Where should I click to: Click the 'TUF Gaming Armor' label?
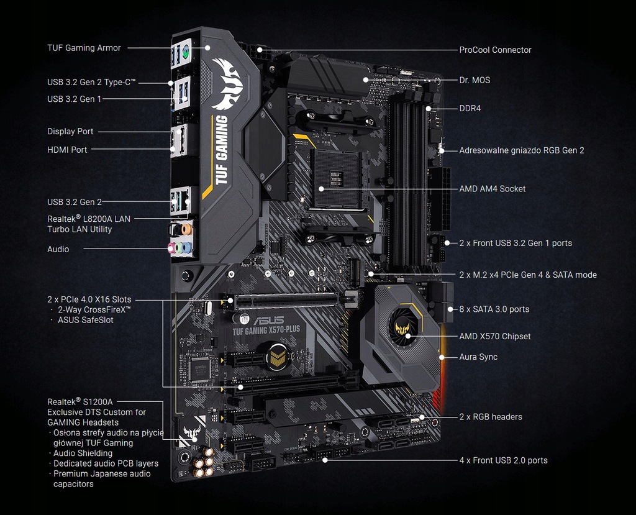tap(84, 48)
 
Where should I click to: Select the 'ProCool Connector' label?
tap(495, 50)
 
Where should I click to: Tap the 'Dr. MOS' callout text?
tap(475, 80)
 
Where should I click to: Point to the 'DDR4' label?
tap(470, 108)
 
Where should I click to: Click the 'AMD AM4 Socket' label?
tap(492, 189)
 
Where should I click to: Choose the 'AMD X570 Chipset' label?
tap(494, 336)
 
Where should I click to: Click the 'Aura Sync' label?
tap(478, 357)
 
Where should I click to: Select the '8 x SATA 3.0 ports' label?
tap(494, 309)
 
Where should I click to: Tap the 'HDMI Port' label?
tap(67, 150)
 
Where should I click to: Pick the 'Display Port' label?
tap(70, 132)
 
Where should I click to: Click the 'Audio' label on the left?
tap(58, 249)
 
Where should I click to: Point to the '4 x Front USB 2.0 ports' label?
tap(503, 460)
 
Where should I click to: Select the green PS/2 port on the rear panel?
tap(184, 55)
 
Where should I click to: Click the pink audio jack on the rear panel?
tap(173, 247)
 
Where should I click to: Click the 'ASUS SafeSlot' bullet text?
tap(85, 320)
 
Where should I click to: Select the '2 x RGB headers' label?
tap(490, 417)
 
